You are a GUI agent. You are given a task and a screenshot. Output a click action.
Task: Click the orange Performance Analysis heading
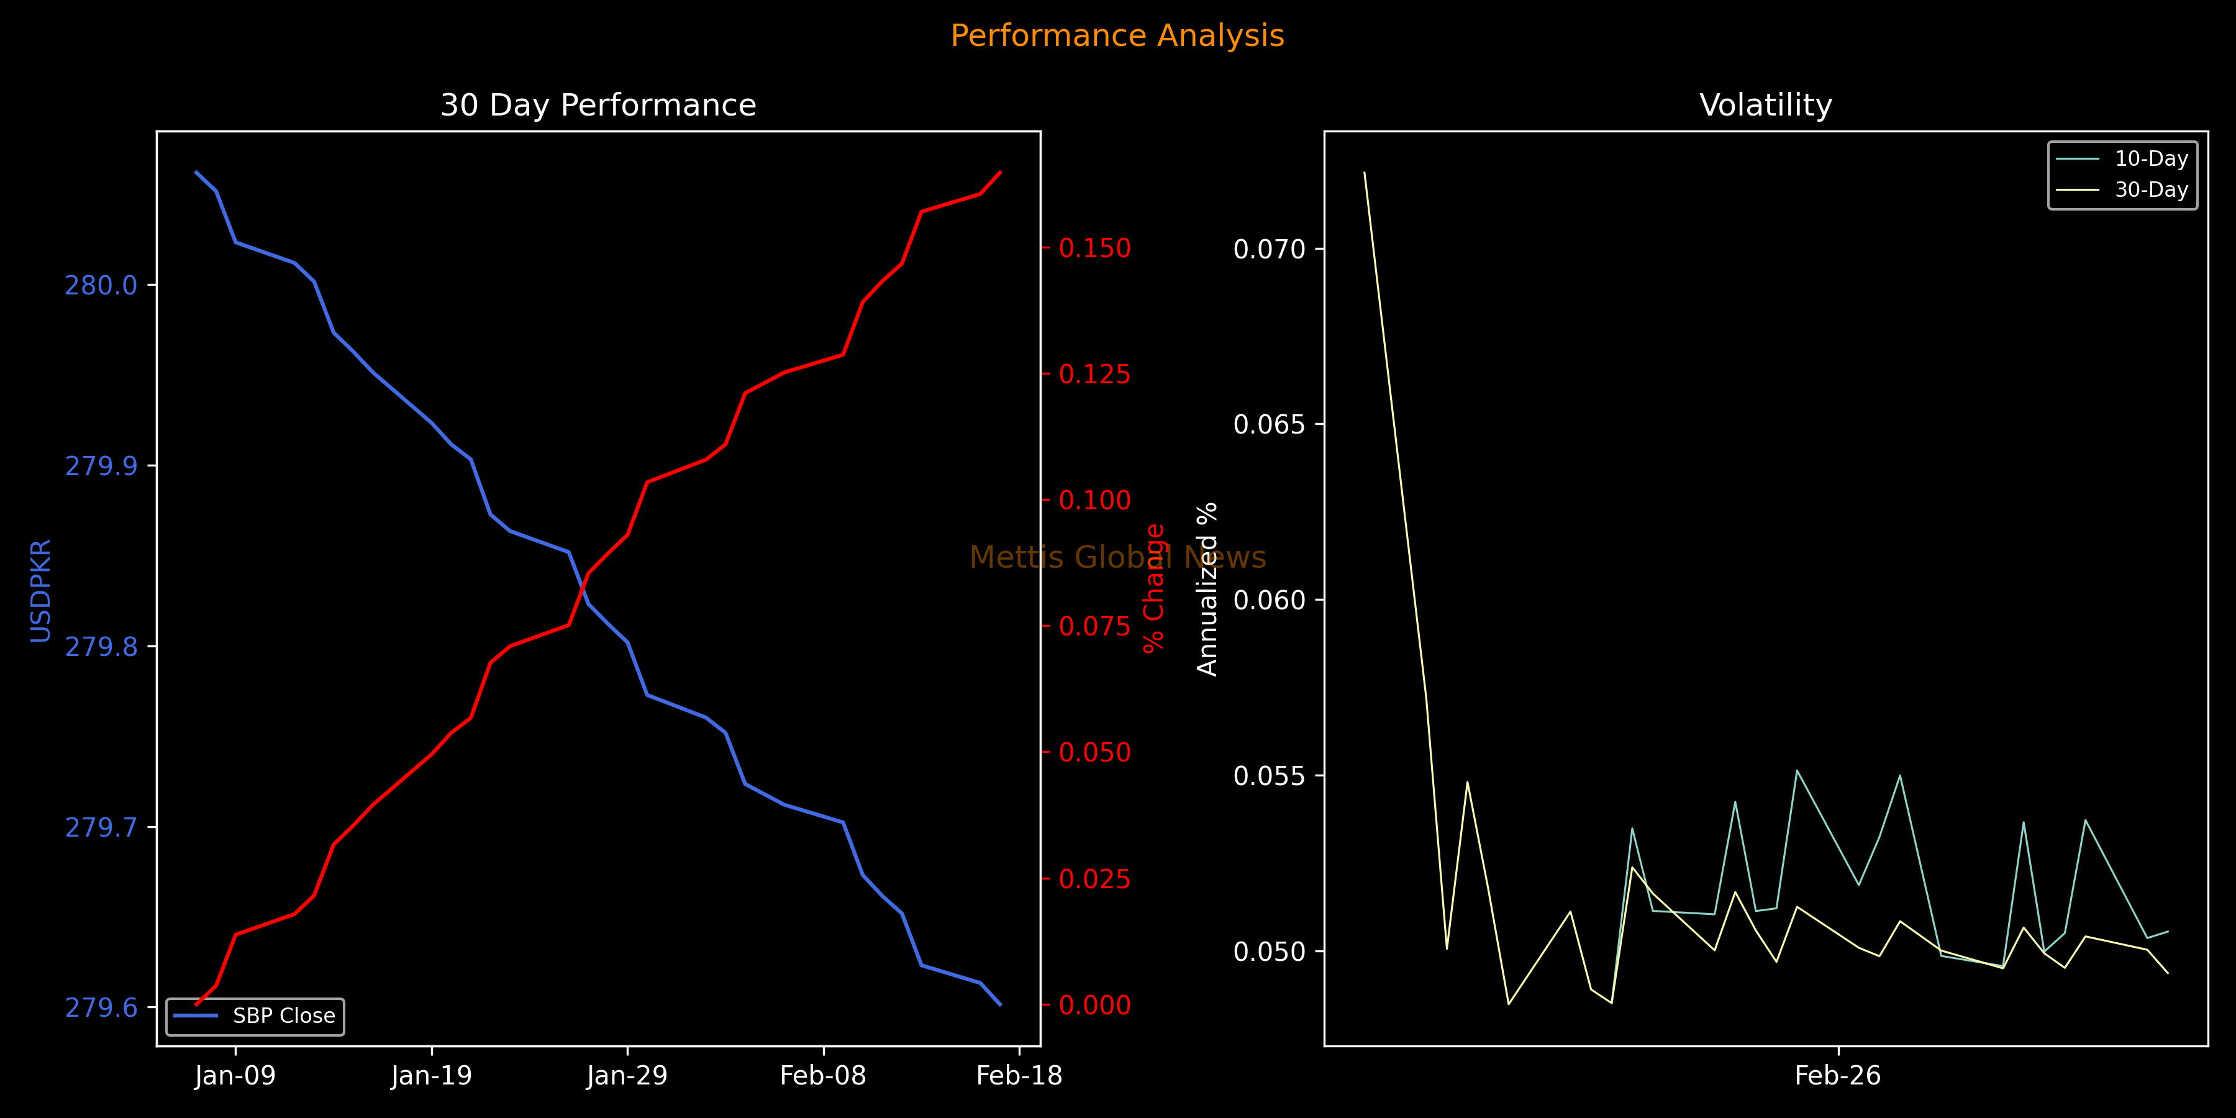[x=1117, y=35]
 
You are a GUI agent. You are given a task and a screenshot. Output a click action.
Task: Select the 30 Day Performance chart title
[x=598, y=105]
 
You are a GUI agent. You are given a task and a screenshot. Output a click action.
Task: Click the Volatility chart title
[x=1766, y=105]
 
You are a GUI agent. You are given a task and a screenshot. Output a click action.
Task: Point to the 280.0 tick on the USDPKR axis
[x=102, y=286]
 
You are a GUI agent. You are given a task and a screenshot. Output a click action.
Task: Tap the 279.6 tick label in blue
[x=102, y=1008]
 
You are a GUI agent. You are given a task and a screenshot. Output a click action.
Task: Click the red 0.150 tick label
[x=1094, y=248]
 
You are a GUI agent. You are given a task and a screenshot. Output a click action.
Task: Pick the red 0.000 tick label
[x=1094, y=1005]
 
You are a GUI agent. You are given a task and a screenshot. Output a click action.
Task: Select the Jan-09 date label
[x=235, y=1076]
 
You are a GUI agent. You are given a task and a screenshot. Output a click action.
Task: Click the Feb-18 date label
[x=1019, y=1076]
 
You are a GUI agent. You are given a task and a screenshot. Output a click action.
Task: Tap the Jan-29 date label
[x=627, y=1076]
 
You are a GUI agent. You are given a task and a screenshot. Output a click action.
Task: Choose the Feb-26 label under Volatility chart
[x=1838, y=1076]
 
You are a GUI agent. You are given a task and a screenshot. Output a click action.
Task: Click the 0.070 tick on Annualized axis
[x=1269, y=249]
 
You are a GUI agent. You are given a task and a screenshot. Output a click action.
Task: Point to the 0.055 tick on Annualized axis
[x=1269, y=776]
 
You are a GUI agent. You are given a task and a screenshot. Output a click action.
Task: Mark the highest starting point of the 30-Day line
[x=1365, y=173]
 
